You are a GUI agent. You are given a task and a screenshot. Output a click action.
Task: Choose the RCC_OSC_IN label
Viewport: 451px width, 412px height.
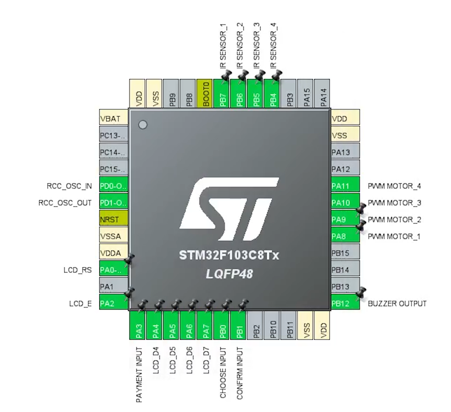69,186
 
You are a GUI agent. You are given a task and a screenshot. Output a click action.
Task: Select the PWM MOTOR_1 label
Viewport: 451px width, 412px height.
394,237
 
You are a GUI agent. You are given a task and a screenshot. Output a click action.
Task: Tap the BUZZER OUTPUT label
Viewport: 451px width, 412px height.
397,304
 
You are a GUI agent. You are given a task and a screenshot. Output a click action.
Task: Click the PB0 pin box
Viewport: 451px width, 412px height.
222,327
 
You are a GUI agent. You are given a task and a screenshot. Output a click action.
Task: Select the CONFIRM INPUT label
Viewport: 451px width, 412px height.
239,373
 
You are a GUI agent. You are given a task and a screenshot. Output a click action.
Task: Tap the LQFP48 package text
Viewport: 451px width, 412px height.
229,274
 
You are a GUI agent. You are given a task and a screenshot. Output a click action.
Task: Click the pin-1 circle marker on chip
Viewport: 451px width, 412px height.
143,125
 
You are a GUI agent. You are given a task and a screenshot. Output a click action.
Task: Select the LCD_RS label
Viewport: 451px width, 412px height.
77,270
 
